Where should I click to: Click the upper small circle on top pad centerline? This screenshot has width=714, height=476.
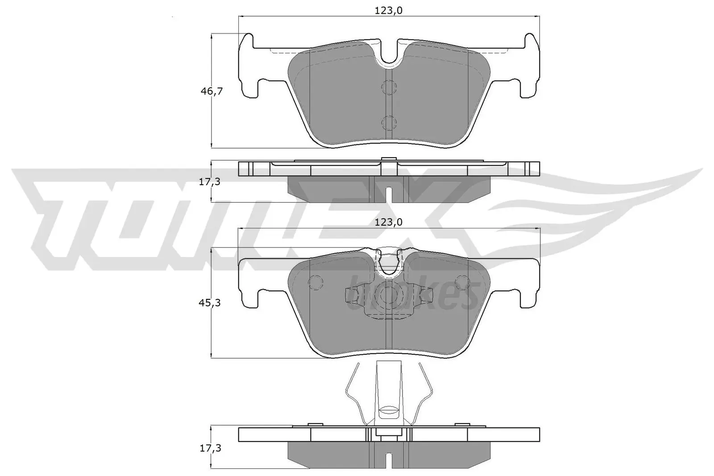[389, 87]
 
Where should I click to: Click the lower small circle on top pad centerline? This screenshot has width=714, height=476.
[389, 122]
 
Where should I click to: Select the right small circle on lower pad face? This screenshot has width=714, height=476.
[462, 282]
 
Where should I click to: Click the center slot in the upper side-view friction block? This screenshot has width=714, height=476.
[389, 195]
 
